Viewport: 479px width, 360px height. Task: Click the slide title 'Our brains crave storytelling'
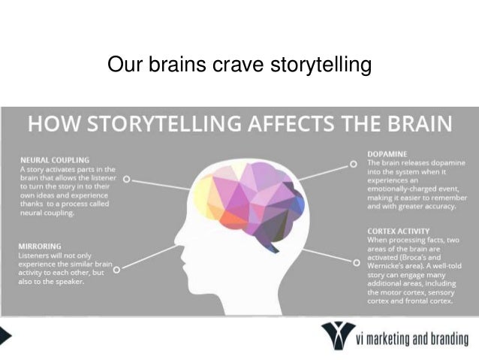click(239, 65)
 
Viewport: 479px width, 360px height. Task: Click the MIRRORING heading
click(41, 246)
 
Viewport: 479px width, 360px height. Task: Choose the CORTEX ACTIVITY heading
click(399, 230)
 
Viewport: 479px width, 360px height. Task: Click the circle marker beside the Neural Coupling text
click(127, 180)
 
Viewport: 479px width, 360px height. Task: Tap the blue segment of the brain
click(298, 204)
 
